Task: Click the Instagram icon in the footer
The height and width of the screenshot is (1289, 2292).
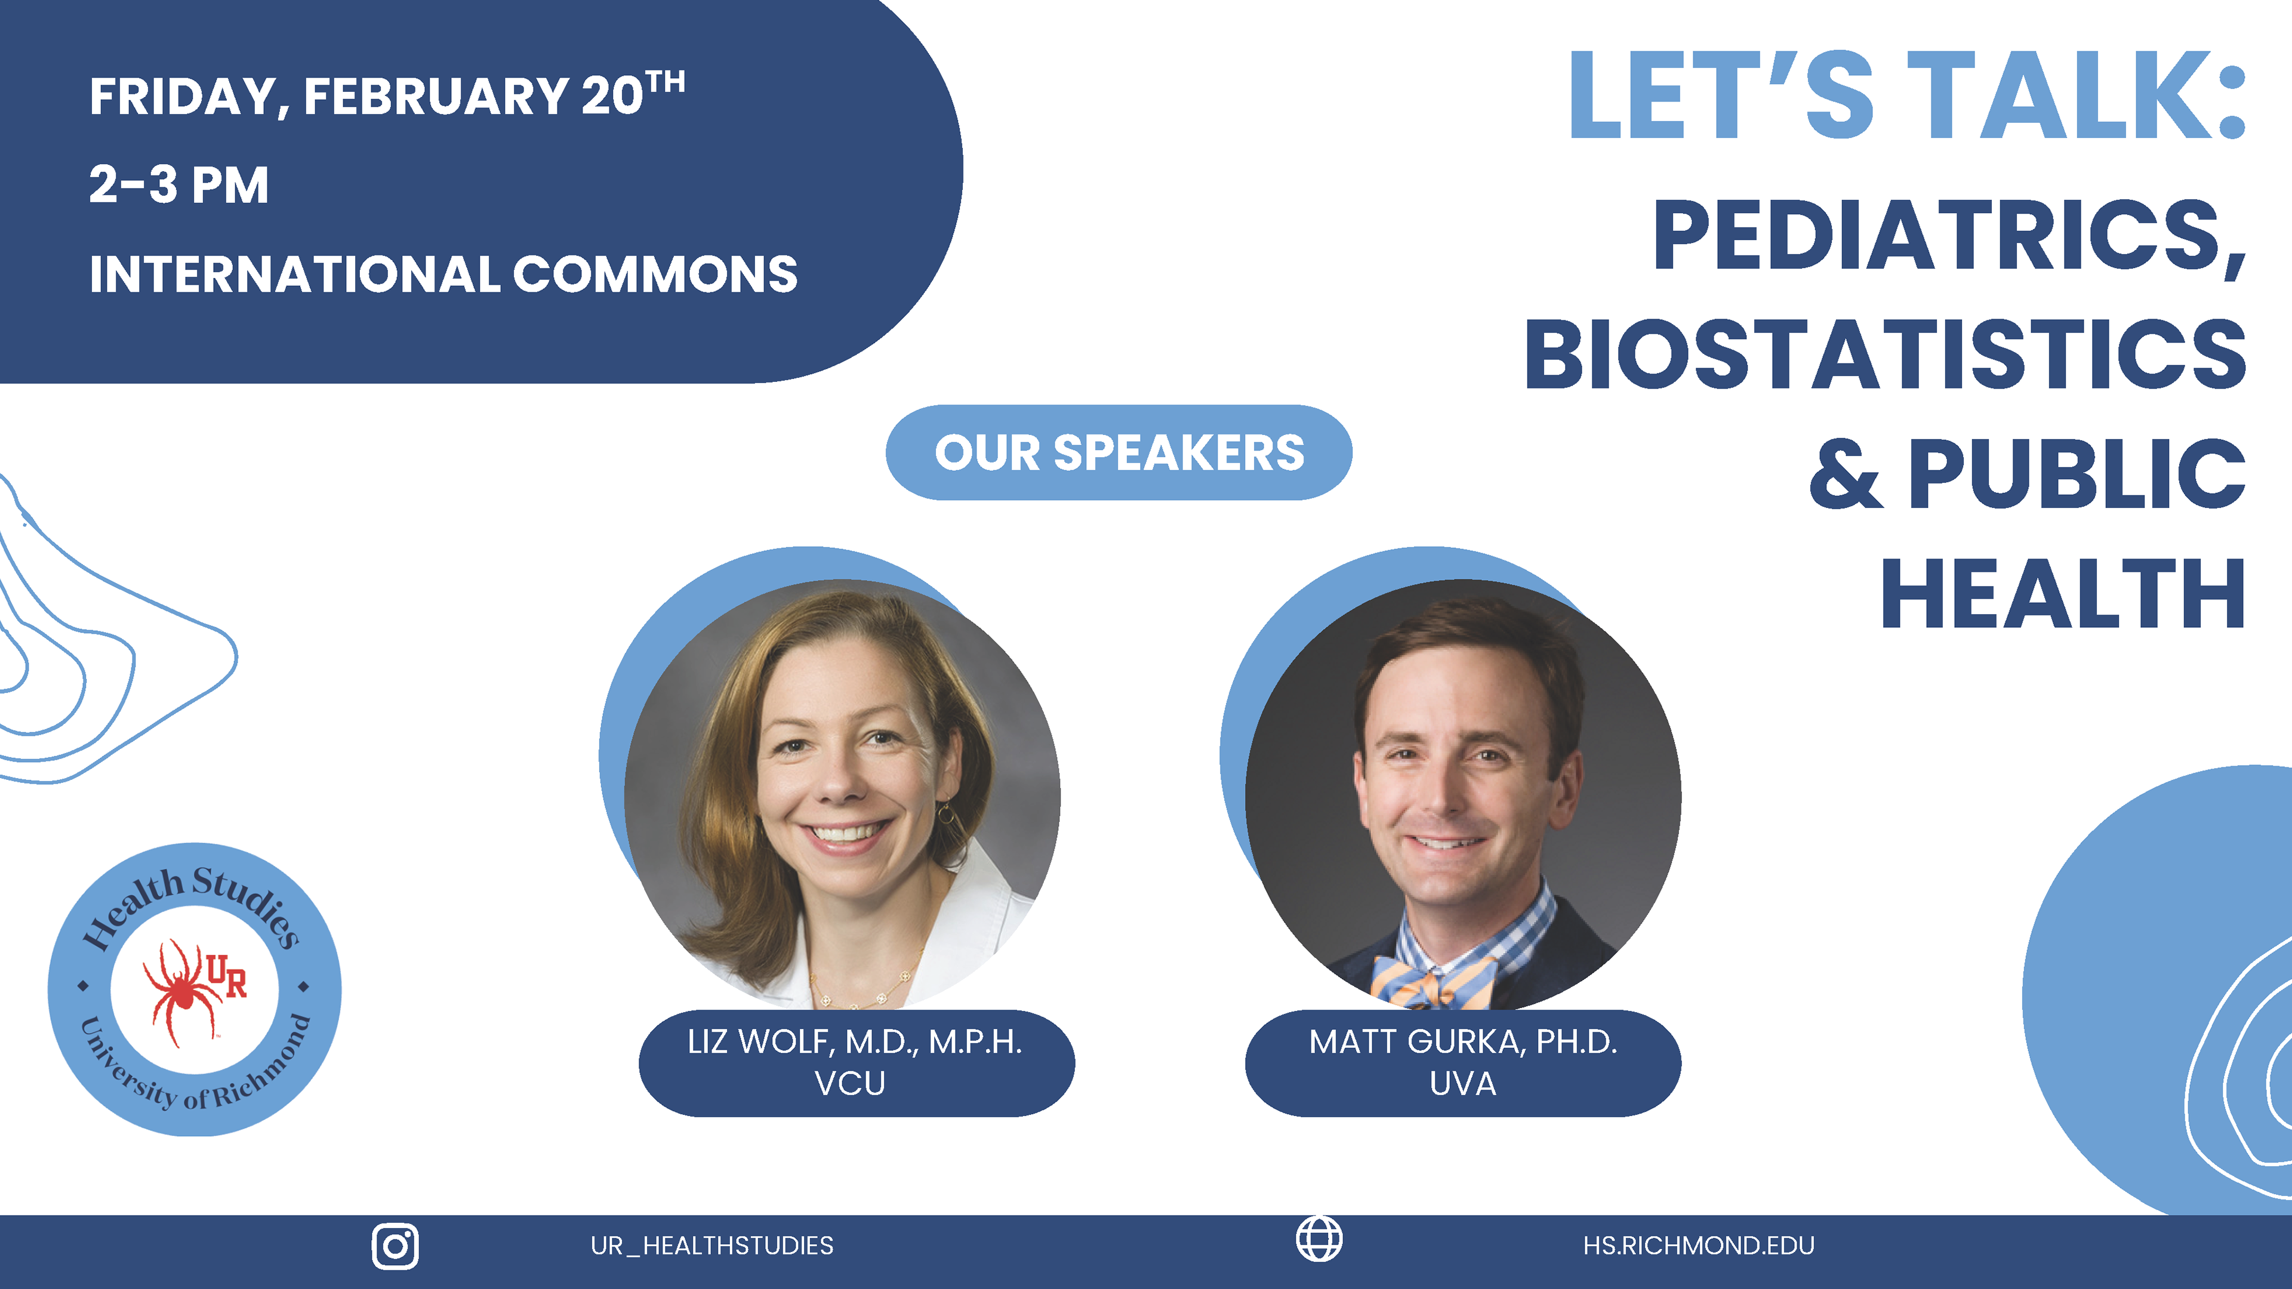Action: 395,1246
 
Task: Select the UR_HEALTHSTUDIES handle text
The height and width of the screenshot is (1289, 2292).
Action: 712,1245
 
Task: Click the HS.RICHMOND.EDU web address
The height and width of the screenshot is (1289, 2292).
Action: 1699,1245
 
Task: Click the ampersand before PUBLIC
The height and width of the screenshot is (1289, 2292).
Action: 1846,474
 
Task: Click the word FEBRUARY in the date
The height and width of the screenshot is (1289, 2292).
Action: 436,96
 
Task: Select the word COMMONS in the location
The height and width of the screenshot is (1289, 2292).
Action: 655,274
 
